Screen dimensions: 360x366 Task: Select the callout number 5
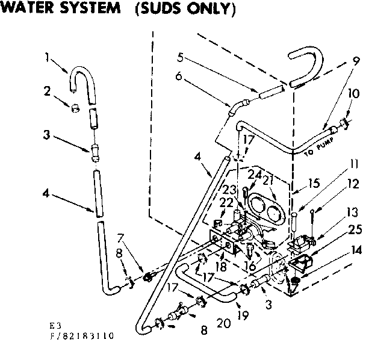click(179, 58)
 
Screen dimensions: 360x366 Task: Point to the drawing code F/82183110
click(81, 336)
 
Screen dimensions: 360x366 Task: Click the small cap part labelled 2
click(75, 108)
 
